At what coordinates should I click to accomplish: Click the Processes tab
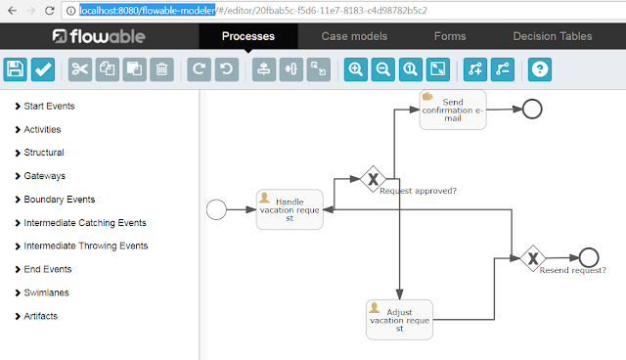point(247,37)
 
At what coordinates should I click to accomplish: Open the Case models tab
point(354,37)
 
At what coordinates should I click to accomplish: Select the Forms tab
point(450,37)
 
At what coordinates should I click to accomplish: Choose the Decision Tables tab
point(552,37)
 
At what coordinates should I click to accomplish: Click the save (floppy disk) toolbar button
point(15,69)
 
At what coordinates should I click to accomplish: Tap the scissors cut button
point(79,69)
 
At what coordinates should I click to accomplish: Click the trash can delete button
point(162,69)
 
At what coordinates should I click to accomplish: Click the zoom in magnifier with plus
point(354,69)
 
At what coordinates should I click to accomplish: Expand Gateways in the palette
point(44,176)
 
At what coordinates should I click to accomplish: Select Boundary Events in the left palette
point(59,200)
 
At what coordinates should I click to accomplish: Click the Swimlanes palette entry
point(46,292)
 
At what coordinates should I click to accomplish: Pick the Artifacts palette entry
point(41,316)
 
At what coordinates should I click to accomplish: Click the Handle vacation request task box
point(290,208)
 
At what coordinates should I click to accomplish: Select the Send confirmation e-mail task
point(453,109)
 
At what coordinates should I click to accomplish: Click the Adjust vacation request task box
point(399,319)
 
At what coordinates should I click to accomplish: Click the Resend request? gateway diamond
point(533,258)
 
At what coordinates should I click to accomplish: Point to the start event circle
point(217,208)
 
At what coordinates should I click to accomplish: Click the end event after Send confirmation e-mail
point(532,109)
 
